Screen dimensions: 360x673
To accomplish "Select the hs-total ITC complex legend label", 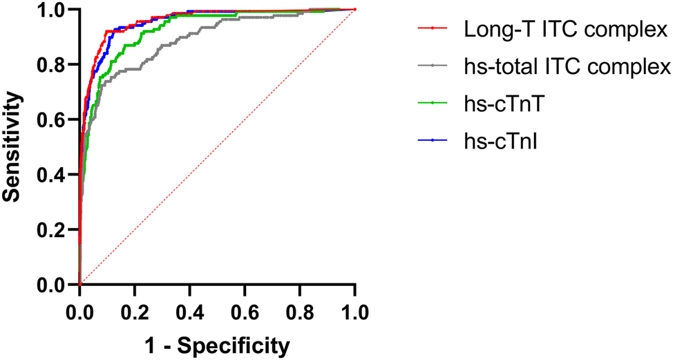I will [567, 66].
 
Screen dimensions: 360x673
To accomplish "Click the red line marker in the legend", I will [433, 29].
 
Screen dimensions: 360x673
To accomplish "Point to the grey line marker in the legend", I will [433, 66].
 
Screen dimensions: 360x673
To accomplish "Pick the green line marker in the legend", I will [433, 103].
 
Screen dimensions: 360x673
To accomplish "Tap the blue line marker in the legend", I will [433, 140].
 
